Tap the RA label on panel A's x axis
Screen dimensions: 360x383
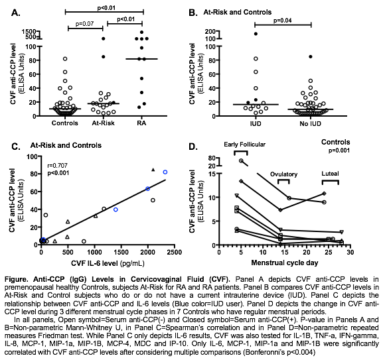(140, 123)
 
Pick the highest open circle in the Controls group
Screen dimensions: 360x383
(64, 58)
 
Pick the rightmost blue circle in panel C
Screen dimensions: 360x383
(165, 172)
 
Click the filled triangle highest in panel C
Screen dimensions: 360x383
(153, 170)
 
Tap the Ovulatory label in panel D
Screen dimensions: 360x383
(283, 174)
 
